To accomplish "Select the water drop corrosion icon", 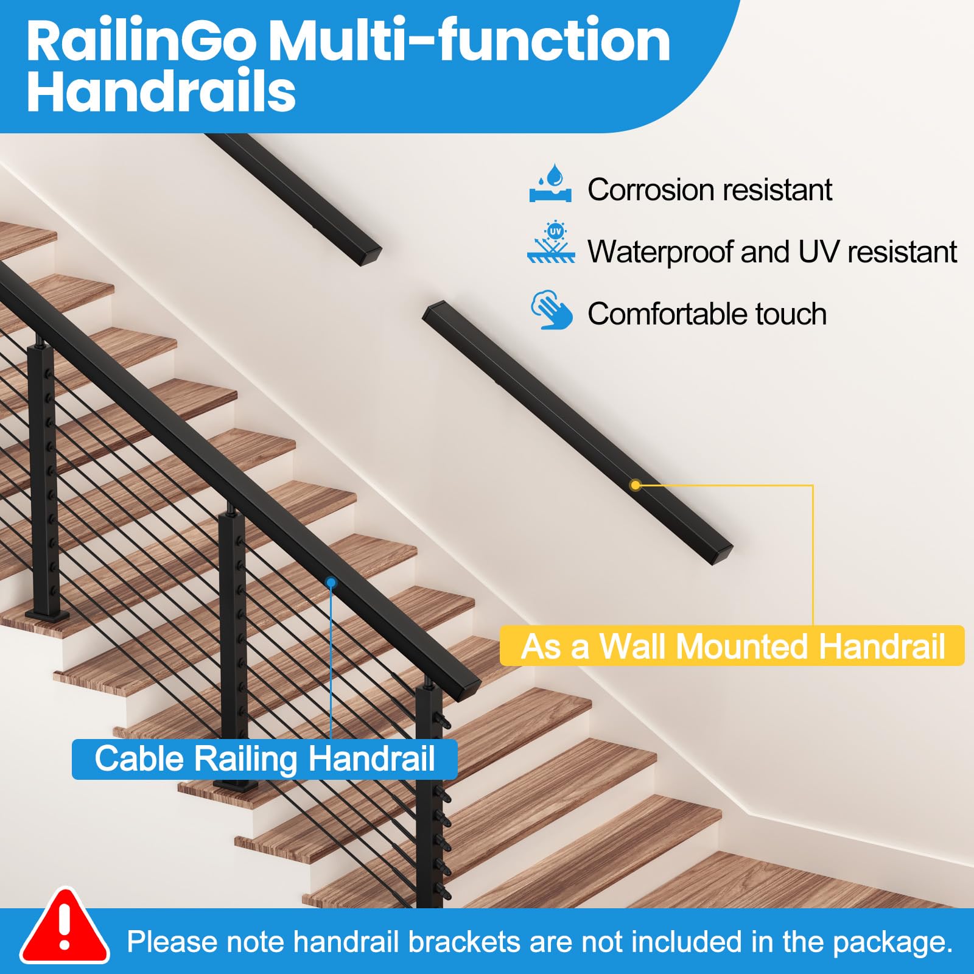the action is (x=550, y=183).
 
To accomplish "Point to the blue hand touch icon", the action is (x=552, y=310).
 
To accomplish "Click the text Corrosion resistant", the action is (x=709, y=189).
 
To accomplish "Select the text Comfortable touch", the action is (x=707, y=314).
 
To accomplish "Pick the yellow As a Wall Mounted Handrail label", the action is (x=732, y=646).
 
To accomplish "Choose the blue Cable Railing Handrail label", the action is (x=265, y=759).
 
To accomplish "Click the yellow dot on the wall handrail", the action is (x=636, y=485).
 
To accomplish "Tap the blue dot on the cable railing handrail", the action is (x=331, y=583).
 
